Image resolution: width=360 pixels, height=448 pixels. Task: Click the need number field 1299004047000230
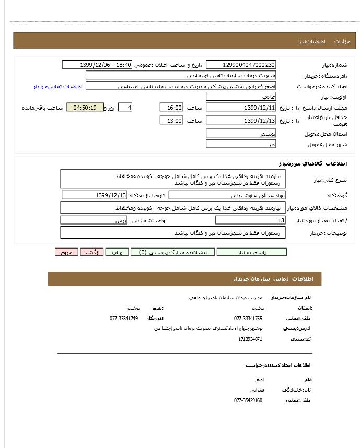pyautogui.click(x=241, y=65)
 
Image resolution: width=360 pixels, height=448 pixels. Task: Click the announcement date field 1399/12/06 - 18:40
pyautogui.click(x=97, y=65)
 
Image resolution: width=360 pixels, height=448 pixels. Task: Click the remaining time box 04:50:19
pyautogui.click(x=85, y=108)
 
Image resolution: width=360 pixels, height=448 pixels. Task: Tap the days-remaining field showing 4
pyautogui.click(x=125, y=108)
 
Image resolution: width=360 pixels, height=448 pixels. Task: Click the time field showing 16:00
pyautogui.click(x=171, y=108)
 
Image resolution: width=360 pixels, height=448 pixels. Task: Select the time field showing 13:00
pyautogui.click(x=171, y=121)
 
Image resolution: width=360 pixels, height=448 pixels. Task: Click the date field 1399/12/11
pyautogui.click(x=241, y=108)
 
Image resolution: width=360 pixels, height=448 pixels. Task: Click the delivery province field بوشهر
pyautogui.click(x=241, y=133)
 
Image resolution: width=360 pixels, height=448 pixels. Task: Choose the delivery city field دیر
pyautogui.click(x=241, y=144)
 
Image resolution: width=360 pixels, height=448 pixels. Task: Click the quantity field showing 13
pyautogui.click(x=250, y=220)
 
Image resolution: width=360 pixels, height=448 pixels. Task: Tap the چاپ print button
pyautogui.click(x=117, y=252)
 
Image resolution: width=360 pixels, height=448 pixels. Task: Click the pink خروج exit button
pyautogui.click(x=66, y=252)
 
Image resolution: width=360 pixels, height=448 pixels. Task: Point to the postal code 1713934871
pyautogui.click(x=250, y=339)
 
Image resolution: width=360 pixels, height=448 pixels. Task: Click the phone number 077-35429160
pyautogui.click(x=248, y=400)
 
